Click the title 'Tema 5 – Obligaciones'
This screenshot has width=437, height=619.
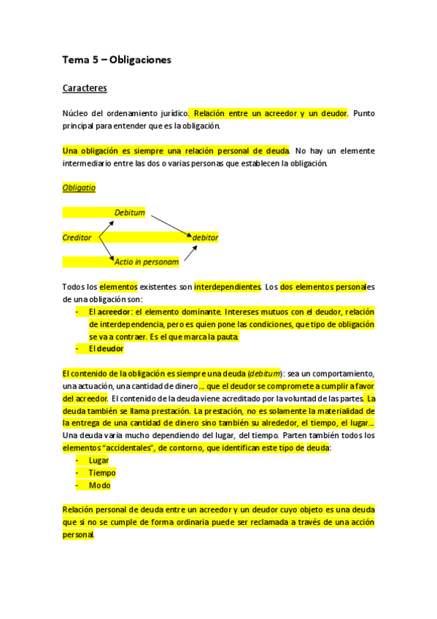(117, 60)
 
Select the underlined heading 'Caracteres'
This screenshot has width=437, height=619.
(85, 88)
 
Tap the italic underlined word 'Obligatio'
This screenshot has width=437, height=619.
(79, 188)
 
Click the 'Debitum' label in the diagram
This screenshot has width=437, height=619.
(130, 212)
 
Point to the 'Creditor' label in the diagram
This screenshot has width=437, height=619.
(77, 237)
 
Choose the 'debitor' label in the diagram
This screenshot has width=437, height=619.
(205, 237)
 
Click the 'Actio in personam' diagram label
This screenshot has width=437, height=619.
(147, 261)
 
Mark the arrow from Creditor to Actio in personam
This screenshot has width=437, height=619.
(105, 248)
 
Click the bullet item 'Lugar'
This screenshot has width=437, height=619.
(98, 461)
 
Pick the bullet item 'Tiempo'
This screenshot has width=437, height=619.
(102, 473)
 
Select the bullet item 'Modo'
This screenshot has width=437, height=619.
(99, 485)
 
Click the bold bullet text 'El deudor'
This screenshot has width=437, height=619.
(106, 349)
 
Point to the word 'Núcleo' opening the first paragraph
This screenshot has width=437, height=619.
(77, 113)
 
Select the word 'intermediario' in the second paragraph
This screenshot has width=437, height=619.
(86, 163)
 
